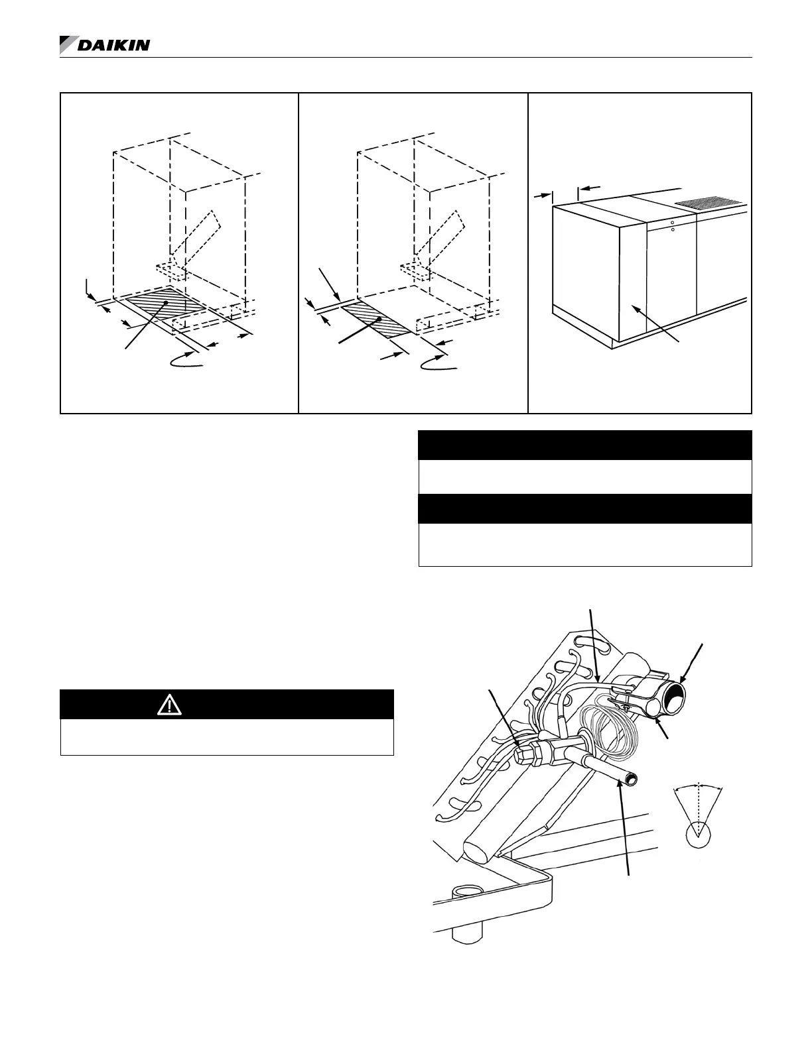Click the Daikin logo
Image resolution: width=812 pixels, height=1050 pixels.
click(105, 45)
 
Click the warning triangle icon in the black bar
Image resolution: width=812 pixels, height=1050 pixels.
click(170, 705)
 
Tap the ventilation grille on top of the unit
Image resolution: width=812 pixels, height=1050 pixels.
click(712, 202)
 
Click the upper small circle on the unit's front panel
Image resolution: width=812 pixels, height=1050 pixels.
click(672, 223)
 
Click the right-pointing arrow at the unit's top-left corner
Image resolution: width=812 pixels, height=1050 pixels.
click(546, 196)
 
